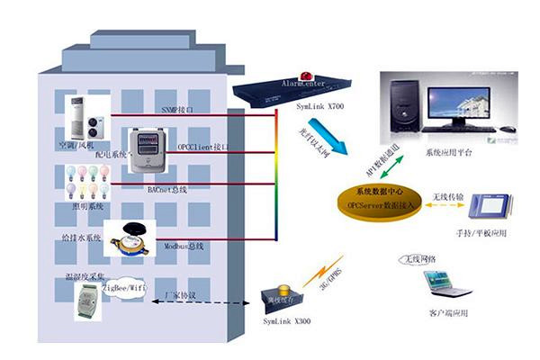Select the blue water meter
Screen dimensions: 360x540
tap(126, 241)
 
